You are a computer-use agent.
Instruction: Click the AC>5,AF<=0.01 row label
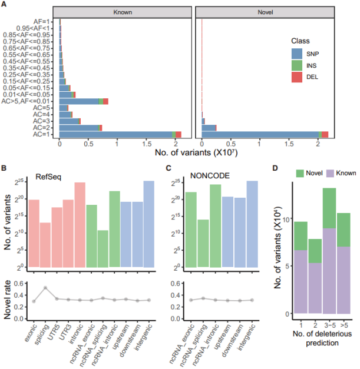pos(29,101)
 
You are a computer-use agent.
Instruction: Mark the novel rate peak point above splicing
pos(45,287)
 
